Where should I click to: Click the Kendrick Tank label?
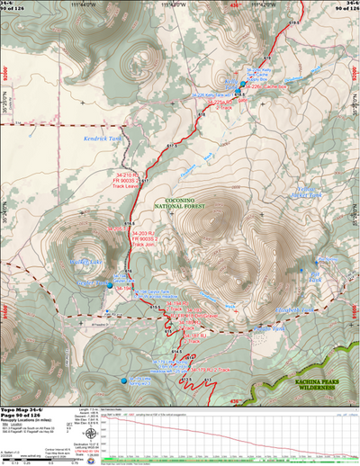103,139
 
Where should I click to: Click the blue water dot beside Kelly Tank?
241,85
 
